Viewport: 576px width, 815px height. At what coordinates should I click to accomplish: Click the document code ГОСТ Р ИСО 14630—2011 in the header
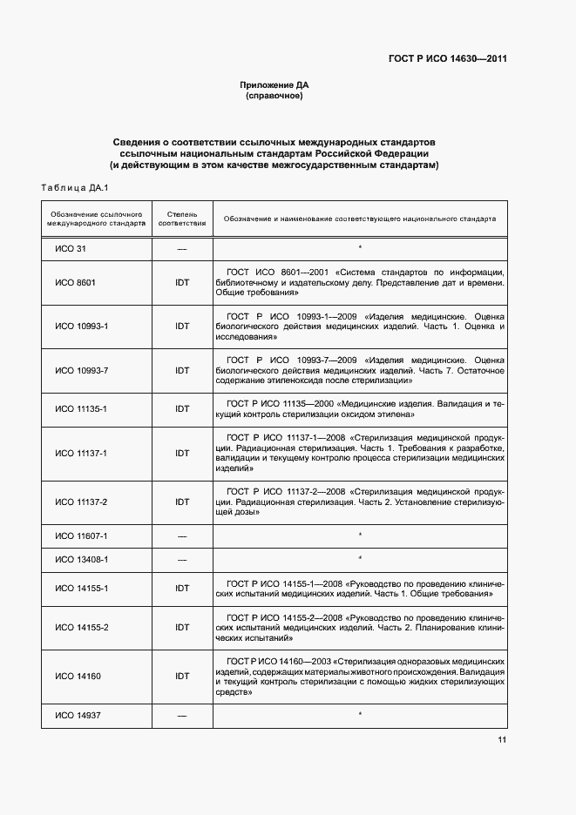(x=447, y=59)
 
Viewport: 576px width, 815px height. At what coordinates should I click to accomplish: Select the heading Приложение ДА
(x=274, y=85)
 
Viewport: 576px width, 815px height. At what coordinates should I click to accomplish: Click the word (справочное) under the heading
(x=274, y=96)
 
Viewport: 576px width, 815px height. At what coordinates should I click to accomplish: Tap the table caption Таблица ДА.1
(x=73, y=187)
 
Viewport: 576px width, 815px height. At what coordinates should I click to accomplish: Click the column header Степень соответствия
(x=182, y=218)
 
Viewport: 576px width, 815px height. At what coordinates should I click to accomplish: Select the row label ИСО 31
(x=71, y=249)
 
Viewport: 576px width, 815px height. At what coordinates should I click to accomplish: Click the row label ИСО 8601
(x=75, y=283)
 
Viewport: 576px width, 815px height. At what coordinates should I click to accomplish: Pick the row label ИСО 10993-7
(x=81, y=370)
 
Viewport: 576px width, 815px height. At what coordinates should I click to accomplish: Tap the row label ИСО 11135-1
(x=81, y=408)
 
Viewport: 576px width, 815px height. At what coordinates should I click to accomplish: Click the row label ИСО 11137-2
(x=81, y=502)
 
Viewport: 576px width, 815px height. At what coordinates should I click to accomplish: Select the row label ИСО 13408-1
(x=81, y=558)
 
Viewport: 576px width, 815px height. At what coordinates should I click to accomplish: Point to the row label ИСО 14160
(x=78, y=676)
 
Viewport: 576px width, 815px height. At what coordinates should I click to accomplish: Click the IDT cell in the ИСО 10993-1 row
(x=182, y=326)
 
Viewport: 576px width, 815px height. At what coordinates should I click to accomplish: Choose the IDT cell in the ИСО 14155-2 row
(x=182, y=627)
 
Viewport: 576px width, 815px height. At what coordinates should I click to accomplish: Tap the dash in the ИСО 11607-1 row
(x=182, y=535)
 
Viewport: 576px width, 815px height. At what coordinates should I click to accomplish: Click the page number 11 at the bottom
(x=502, y=740)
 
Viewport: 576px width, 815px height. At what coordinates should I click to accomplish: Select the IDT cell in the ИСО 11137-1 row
(x=182, y=453)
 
